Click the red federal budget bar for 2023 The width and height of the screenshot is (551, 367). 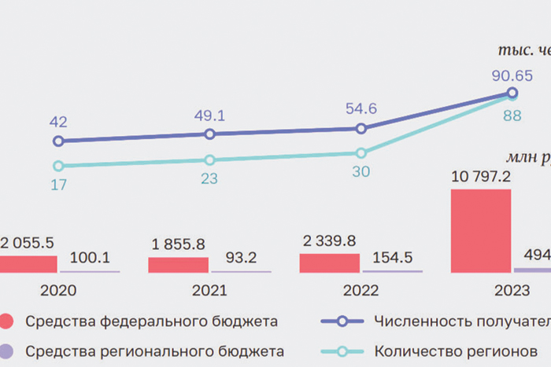pyautogui.click(x=480, y=230)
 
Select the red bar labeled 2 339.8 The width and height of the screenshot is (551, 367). pyautogui.click(x=329, y=262)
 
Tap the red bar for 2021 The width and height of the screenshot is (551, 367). pyautogui.click(x=178, y=264)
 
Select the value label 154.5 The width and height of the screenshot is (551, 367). pyautogui.click(x=391, y=257)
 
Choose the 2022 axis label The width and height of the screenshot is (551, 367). pyautogui.click(x=361, y=290)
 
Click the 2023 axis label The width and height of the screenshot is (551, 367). pyautogui.click(x=512, y=290)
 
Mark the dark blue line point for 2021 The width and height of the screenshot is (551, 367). pyautogui.click(x=209, y=134)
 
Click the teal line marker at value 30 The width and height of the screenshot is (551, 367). pyautogui.click(x=361, y=153)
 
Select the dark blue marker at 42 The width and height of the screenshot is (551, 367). pyautogui.click(x=57, y=141)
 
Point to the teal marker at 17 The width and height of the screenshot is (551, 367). pyautogui.click(x=57, y=166)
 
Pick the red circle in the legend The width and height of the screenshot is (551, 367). pyautogui.click(x=7, y=321)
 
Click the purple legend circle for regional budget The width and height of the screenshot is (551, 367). pyautogui.click(x=7, y=350)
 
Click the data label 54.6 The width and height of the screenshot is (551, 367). pyautogui.click(x=361, y=108)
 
